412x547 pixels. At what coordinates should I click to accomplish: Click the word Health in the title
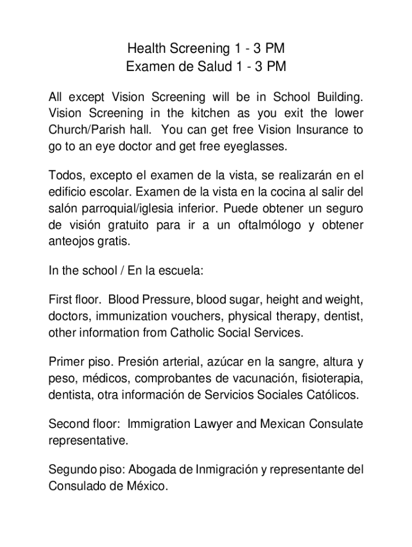(146, 49)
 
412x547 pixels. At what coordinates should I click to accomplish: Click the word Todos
(66, 176)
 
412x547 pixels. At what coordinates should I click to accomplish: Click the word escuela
(182, 270)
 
